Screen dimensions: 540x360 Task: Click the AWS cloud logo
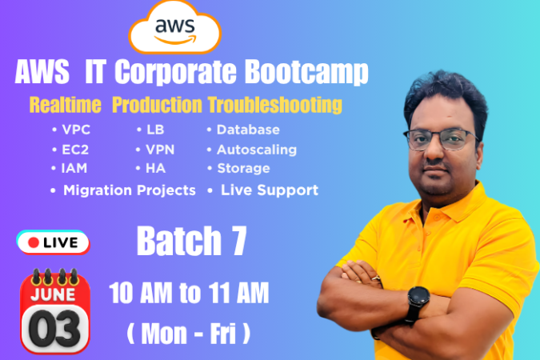click(174, 27)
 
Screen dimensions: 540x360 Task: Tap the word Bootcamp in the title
click(306, 72)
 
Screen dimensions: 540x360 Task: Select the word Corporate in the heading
click(175, 72)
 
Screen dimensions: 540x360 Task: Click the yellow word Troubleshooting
click(275, 105)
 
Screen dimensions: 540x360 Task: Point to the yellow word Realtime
click(66, 105)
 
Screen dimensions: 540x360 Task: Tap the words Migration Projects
click(130, 190)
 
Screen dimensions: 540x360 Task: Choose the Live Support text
click(270, 190)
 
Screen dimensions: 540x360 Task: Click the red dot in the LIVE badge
click(34, 242)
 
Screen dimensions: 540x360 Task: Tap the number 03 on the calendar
click(54, 328)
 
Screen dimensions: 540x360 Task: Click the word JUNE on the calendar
click(53, 294)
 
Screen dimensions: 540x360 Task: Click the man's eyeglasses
click(441, 139)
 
